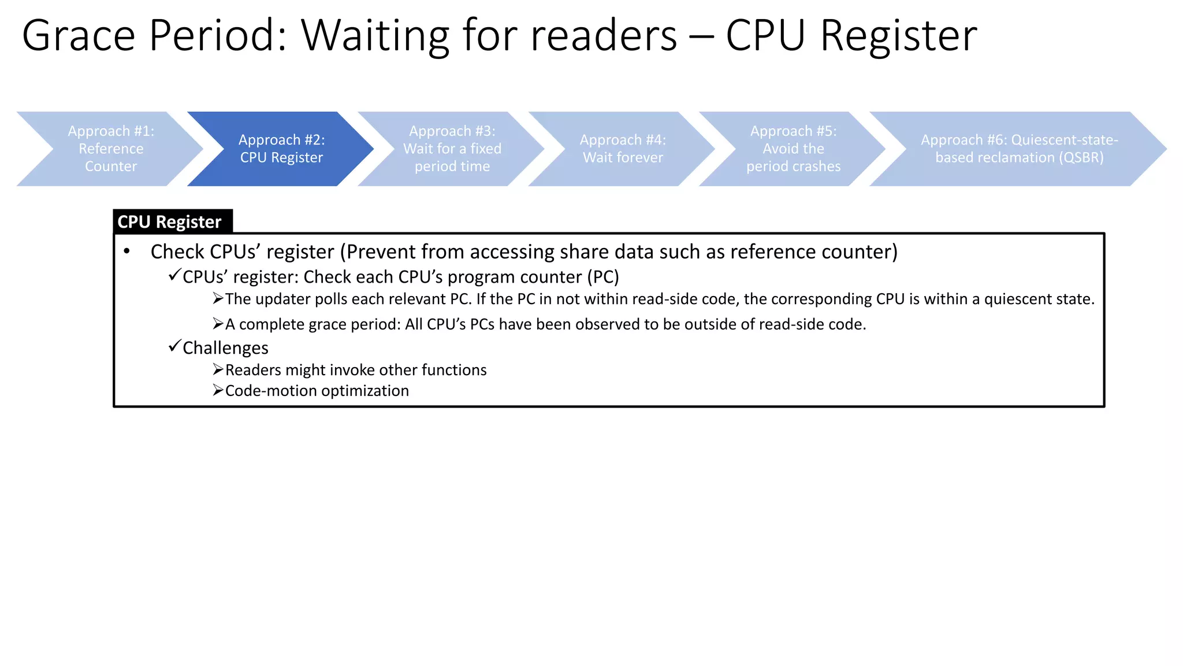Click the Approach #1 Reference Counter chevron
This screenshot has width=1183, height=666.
[110, 149]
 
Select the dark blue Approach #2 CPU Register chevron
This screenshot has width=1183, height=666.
[281, 149]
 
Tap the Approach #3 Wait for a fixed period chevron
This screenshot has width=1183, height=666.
[452, 149]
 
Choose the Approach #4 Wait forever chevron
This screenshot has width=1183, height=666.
[623, 149]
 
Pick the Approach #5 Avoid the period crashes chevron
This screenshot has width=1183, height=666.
[793, 149]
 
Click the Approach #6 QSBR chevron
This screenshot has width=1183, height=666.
[1019, 149]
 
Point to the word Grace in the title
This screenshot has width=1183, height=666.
[78, 36]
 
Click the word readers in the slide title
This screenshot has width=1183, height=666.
[604, 36]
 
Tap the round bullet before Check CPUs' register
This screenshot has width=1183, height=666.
[127, 251]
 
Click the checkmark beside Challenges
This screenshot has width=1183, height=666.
[174, 346]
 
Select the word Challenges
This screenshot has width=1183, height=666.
[225, 348]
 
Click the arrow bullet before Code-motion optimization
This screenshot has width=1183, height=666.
[218, 390]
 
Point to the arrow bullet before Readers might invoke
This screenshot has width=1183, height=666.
[218, 369]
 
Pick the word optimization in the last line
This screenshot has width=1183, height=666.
[365, 391]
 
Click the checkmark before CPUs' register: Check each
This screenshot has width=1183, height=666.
[174, 275]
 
